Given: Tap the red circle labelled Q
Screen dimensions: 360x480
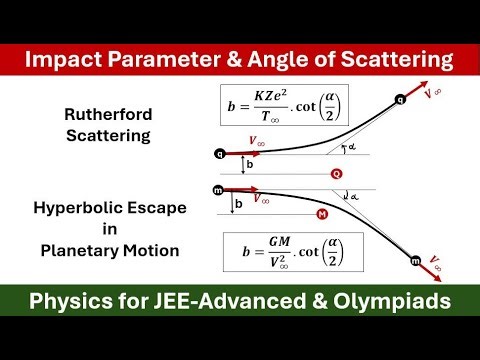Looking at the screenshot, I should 337,173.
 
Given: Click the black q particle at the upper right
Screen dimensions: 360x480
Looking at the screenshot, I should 401,99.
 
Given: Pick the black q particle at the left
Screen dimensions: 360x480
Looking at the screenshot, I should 220,154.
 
